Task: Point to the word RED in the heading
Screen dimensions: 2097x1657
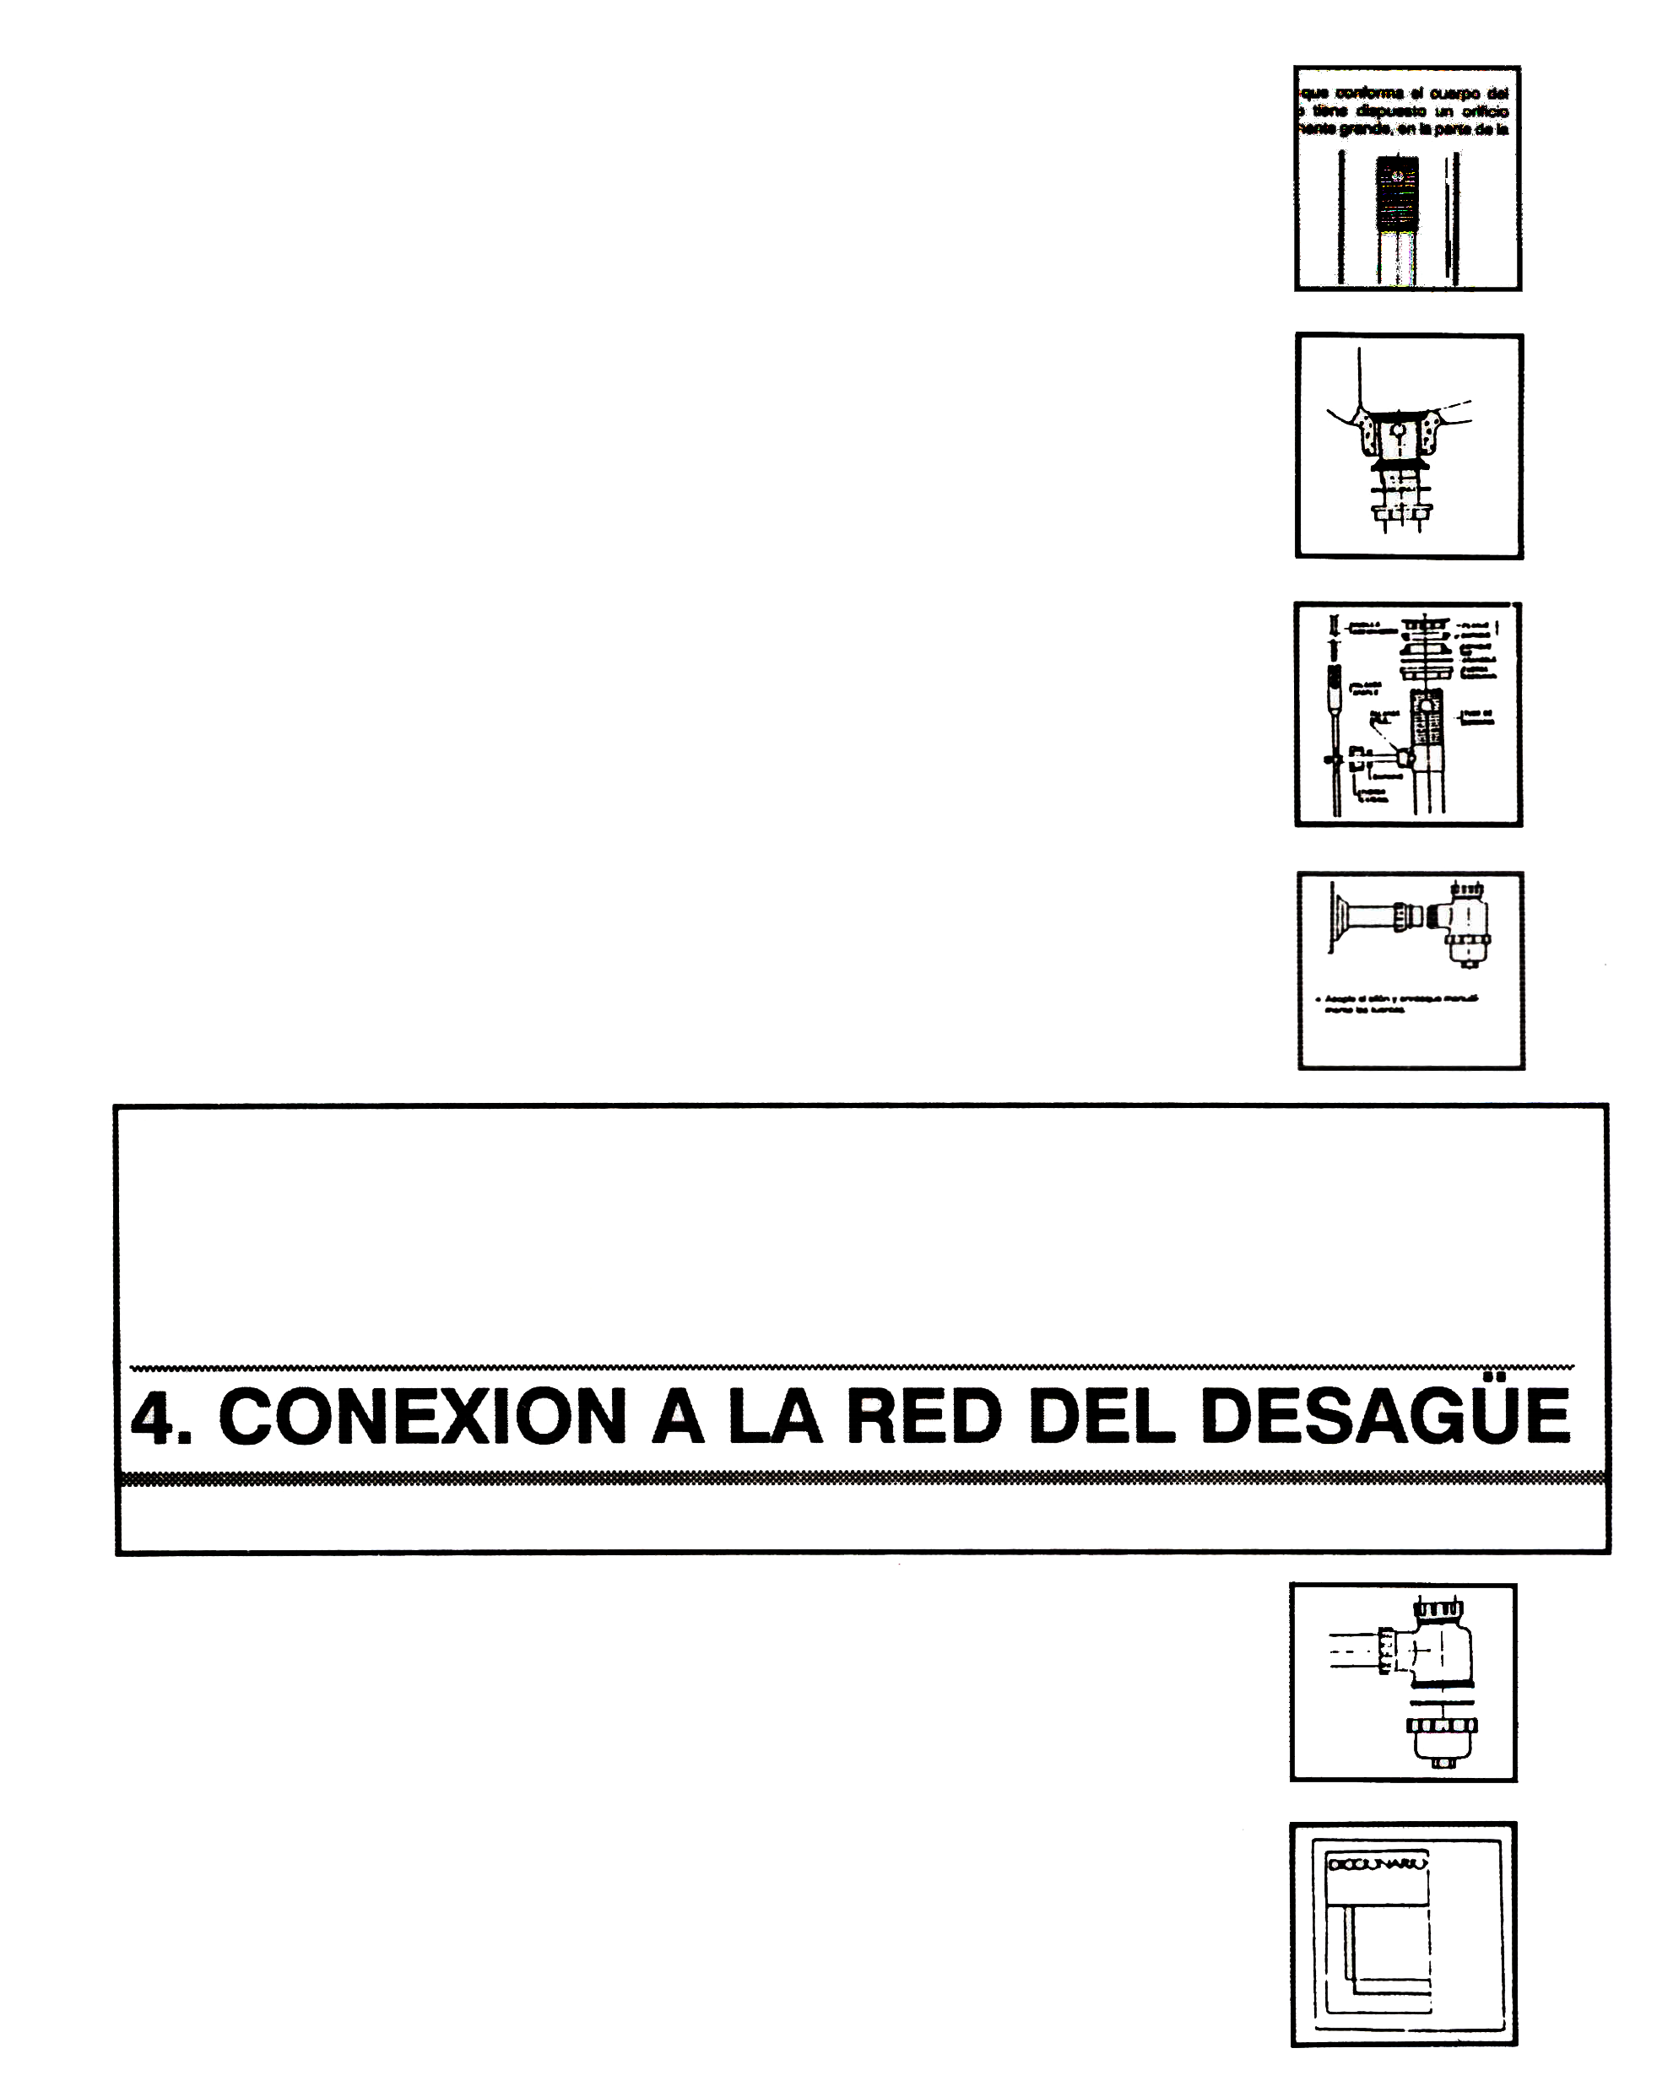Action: coord(923,1417)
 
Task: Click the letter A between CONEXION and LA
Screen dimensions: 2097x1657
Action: coord(677,1417)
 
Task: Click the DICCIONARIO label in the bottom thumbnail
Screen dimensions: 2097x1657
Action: coord(1377,1863)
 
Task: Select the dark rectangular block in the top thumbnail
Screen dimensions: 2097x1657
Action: coord(1398,193)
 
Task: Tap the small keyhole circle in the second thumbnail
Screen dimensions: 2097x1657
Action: coord(1398,428)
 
